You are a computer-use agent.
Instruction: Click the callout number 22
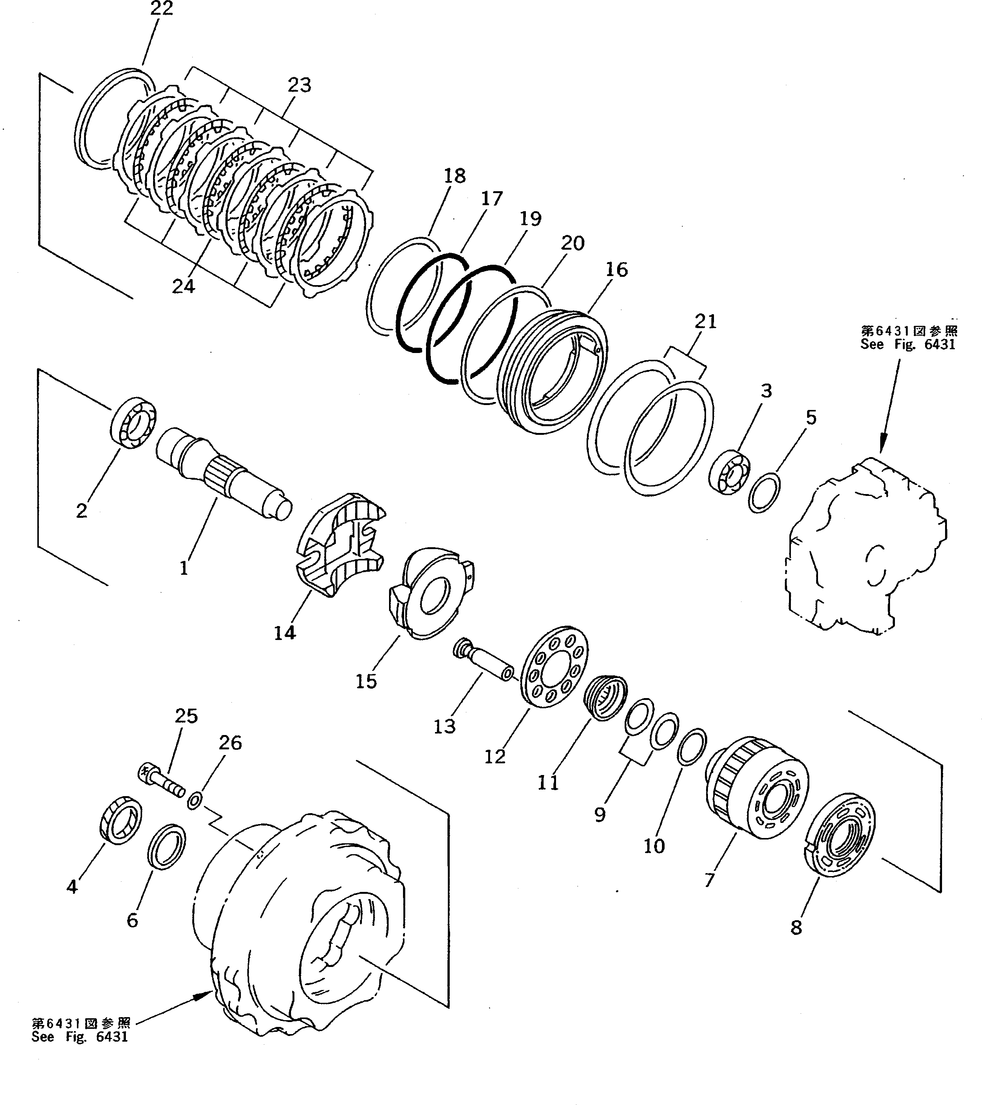[162, 9]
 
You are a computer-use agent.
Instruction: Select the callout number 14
[285, 632]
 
